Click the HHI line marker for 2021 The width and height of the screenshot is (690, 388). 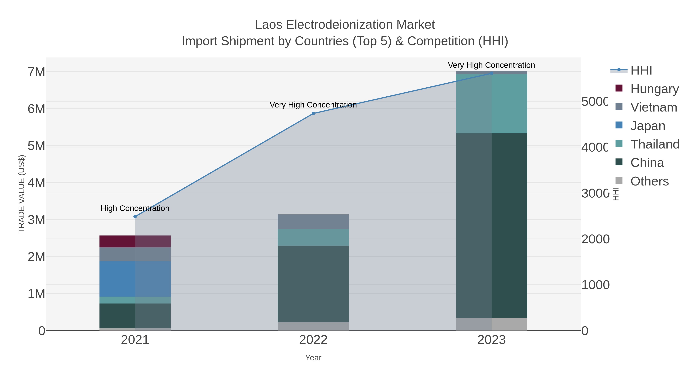[x=135, y=217]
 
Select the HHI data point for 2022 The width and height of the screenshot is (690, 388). [x=313, y=114]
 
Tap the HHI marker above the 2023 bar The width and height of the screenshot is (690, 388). [x=491, y=73]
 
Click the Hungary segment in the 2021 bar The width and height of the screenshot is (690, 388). [x=135, y=242]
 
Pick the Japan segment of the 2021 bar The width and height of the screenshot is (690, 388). [x=135, y=279]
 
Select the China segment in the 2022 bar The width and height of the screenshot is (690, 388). [x=313, y=284]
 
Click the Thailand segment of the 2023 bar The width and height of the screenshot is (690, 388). [x=491, y=104]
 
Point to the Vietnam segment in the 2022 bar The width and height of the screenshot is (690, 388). [x=313, y=222]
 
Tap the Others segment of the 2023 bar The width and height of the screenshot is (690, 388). [x=491, y=324]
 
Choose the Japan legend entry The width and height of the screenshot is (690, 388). [x=647, y=126]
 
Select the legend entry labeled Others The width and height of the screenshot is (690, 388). [x=649, y=181]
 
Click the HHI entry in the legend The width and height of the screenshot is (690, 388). [x=641, y=71]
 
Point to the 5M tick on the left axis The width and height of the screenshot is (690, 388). [x=36, y=146]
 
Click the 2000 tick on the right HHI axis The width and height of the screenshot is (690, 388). [x=595, y=239]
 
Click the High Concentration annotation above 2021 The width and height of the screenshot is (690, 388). [x=135, y=208]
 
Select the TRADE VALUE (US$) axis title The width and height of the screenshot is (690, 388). [x=21, y=194]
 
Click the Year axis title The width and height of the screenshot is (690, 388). [x=313, y=358]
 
